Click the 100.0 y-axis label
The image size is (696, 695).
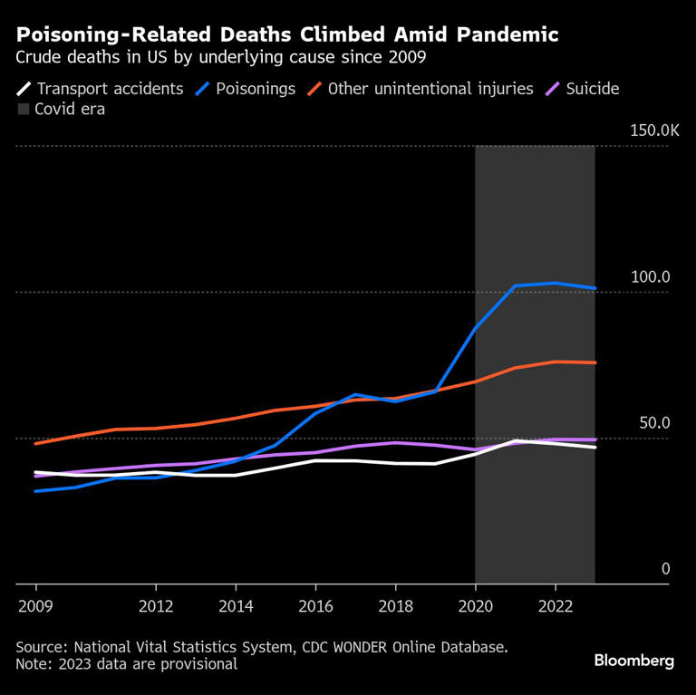651,277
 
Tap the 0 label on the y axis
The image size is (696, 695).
665,569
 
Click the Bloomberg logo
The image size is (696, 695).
633,661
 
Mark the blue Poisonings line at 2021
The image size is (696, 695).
515,285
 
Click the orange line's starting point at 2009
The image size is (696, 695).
35,443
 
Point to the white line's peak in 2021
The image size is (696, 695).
515,441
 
